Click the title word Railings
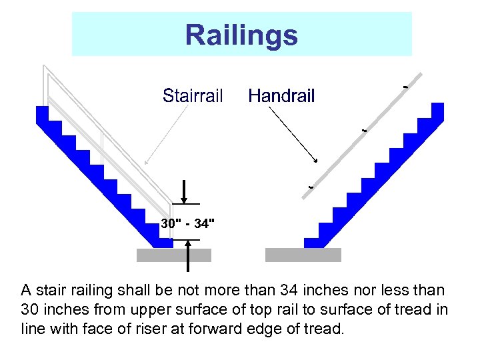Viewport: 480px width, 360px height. pyautogui.click(x=241, y=35)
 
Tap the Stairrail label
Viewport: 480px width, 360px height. pyautogui.click(x=193, y=96)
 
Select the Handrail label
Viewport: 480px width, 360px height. pyautogui.click(x=281, y=96)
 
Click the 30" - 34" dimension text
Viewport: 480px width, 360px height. pyautogui.click(x=188, y=223)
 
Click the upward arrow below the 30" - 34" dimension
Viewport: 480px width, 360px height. pyautogui.click(x=189, y=257)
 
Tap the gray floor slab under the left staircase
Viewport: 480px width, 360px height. pyautogui.click(x=173, y=255)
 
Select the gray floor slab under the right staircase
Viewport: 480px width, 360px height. pyautogui.click(x=303, y=255)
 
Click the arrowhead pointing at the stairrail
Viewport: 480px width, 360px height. pyautogui.click(x=146, y=161)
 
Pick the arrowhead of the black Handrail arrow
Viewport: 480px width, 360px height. pyautogui.click(x=315, y=161)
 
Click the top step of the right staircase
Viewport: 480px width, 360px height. pyautogui.click(x=437, y=110)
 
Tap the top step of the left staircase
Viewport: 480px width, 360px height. pyautogui.click(x=42, y=113)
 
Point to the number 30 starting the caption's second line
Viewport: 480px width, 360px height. pyautogui.click(x=29, y=309)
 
